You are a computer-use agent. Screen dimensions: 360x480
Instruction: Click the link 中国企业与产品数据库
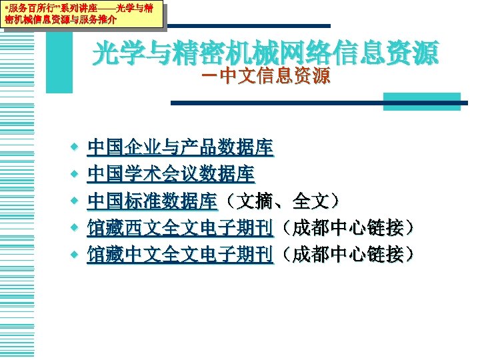coord(179,147)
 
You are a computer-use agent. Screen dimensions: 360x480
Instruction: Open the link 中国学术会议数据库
coord(170,174)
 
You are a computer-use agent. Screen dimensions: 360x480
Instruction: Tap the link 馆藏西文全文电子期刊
coord(179,228)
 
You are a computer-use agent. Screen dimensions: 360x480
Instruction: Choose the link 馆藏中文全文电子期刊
coord(179,254)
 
